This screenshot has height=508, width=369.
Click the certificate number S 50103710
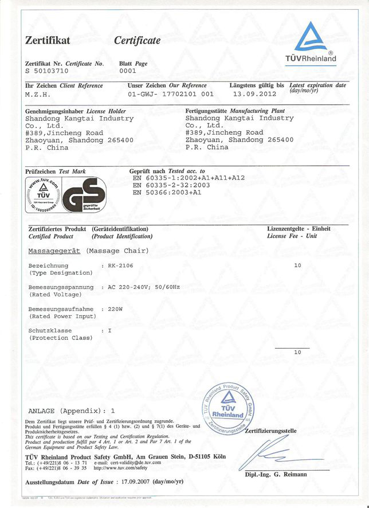pos(48,72)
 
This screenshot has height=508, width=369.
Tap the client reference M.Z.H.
pos(38,93)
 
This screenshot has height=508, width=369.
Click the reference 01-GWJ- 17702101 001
pos(171,93)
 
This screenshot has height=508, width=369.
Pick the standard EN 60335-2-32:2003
pos(171,185)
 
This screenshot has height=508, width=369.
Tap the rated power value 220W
pos(116,309)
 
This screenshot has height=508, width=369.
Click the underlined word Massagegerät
pos(54,251)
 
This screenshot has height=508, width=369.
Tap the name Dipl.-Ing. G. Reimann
pos(276,475)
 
